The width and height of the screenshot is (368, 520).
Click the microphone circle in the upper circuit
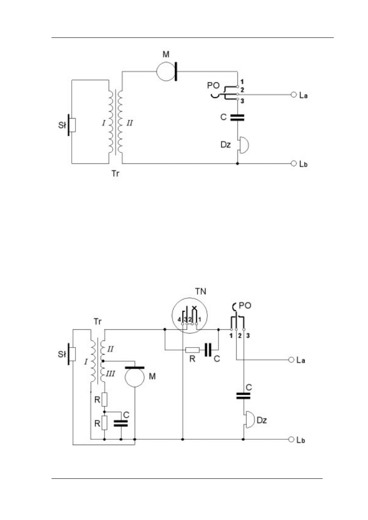166,71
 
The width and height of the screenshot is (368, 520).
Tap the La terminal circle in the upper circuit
293,95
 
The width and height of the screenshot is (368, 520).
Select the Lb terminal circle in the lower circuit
293,439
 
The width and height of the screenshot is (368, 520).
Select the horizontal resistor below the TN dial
192,350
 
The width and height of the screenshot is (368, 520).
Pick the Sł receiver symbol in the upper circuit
73,124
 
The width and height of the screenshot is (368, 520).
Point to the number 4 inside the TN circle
178,320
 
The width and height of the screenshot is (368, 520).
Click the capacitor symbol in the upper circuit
237,117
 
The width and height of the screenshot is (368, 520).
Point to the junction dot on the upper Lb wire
237,164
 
